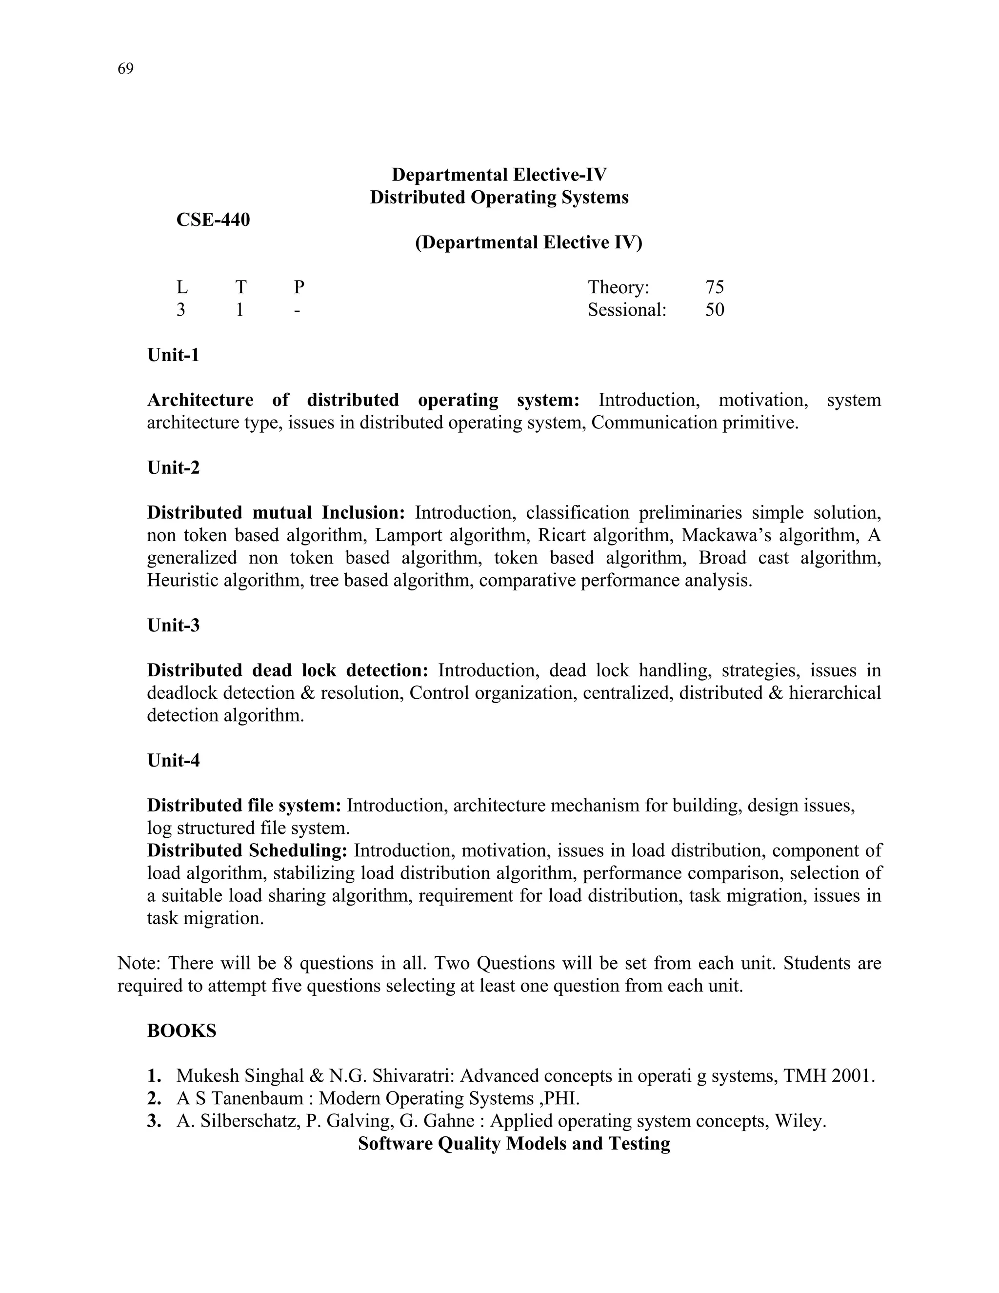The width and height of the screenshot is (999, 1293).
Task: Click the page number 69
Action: tap(125, 69)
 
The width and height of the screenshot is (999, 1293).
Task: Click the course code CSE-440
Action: tap(213, 220)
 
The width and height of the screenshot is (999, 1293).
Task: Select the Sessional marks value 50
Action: tap(714, 310)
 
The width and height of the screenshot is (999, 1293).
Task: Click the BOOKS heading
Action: tap(181, 1030)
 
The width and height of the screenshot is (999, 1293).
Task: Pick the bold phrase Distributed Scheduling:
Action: tap(247, 851)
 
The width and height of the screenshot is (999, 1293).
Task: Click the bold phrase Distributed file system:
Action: tap(244, 806)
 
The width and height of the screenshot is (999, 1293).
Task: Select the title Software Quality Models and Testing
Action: tap(514, 1143)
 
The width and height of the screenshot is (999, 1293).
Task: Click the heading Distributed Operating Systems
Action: tap(499, 197)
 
